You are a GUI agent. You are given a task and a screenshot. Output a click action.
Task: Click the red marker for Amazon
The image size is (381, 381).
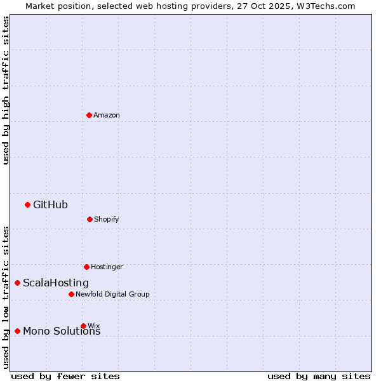pyautogui.click(x=89, y=115)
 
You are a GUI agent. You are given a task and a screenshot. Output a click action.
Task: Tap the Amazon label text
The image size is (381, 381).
pyautogui.click(x=107, y=115)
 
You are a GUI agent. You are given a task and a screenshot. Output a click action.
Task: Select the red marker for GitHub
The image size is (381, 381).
pyautogui.click(x=27, y=204)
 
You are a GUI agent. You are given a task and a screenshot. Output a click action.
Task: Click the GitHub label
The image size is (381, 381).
pyautogui.click(x=50, y=204)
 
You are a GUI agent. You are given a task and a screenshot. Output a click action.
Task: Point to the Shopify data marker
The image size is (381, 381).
pyautogui.click(x=90, y=219)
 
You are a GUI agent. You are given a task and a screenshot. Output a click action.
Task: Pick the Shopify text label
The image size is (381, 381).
pyautogui.click(x=107, y=220)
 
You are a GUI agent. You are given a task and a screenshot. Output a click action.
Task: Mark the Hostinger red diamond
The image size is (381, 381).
pyautogui.click(x=86, y=267)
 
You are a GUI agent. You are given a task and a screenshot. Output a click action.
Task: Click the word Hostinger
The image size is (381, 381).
pyautogui.click(x=107, y=267)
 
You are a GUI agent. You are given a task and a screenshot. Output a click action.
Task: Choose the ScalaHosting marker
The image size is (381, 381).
pyautogui.click(x=17, y=283)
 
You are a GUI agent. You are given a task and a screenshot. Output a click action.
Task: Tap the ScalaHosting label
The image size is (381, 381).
pyautogui.click(x=56, y=283)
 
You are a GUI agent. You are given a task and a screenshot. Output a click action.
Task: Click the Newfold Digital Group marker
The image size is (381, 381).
pyautogui.click(x=71, y=294)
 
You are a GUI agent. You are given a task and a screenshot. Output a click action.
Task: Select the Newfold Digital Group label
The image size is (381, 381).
pyautogui.click(x=112, y=294)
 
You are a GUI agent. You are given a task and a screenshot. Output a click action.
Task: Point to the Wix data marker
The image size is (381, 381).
pyautogui.click(x=83, y=326)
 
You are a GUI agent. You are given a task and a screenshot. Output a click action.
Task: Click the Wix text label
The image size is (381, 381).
pyautogui.click(x=94, y=326)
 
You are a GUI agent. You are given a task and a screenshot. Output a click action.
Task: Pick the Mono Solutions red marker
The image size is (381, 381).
pyautogui.click(x=17, y=331)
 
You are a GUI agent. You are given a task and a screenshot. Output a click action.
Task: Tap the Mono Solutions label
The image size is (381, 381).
pyautogui.click(x=62, y=331)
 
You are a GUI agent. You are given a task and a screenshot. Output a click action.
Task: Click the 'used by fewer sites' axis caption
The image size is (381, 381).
pyautogui.click(x=65, y=376)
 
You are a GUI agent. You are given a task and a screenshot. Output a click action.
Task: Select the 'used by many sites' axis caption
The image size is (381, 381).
pyautogui.click(x=319, y=376)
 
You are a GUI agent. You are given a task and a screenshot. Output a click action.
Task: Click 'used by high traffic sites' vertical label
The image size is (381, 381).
pyautogui.click(x=6, y=90)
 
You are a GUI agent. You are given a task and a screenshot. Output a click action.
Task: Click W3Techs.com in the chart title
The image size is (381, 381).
pyautogui.click(x=324, y=6)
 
